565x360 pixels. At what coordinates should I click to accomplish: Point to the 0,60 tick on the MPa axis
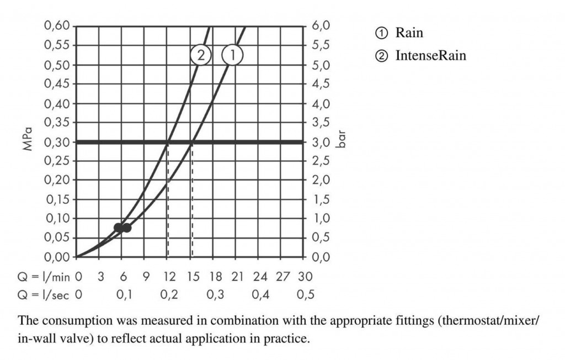tap(56, 26)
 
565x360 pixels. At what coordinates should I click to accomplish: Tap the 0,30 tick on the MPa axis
tap(56, 142)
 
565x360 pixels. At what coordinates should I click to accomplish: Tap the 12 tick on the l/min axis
tap(169, 276)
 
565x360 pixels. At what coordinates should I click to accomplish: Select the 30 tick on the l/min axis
tap(305, 276)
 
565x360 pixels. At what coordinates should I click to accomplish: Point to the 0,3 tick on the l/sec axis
tap(215, 295)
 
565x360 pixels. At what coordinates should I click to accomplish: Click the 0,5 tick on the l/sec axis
tap(305, 295)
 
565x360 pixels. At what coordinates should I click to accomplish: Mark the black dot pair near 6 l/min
tap(122, 227)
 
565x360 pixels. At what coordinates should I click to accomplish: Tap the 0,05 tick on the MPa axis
tap(56, 238)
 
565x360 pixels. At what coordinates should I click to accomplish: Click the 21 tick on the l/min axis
tap(237, 276)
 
